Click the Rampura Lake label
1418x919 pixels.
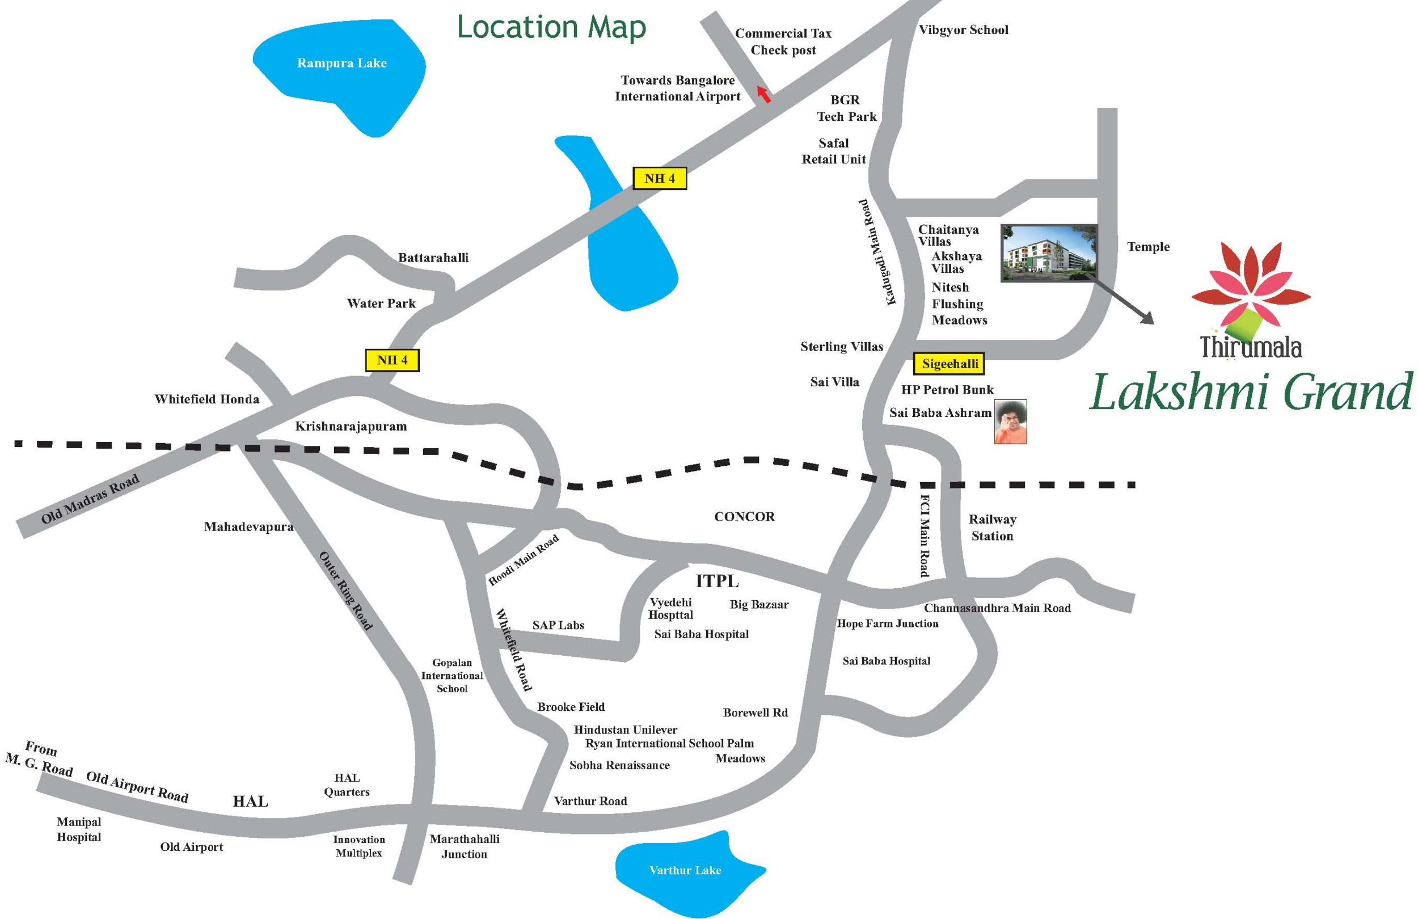(341, 63)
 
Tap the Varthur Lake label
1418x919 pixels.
(685, 870)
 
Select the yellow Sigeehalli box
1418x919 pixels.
(949, 364)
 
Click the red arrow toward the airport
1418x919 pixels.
(763, 94)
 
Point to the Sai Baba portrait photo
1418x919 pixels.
(1011, 421)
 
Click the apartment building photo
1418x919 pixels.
(1049, 253)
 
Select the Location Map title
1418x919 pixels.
(551, 27)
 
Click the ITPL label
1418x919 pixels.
(717, 580)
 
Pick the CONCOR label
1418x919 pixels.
(744, 517)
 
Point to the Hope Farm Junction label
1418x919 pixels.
(887, 623)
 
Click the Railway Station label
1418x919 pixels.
(992, 528)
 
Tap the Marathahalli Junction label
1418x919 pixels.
(464, 846)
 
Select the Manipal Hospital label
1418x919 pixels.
(79, 829)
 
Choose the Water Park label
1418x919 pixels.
(381, 303)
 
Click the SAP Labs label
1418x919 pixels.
(558, 625)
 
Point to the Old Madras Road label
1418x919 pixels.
(90, 498)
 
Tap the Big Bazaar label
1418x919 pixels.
(758, 604)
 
